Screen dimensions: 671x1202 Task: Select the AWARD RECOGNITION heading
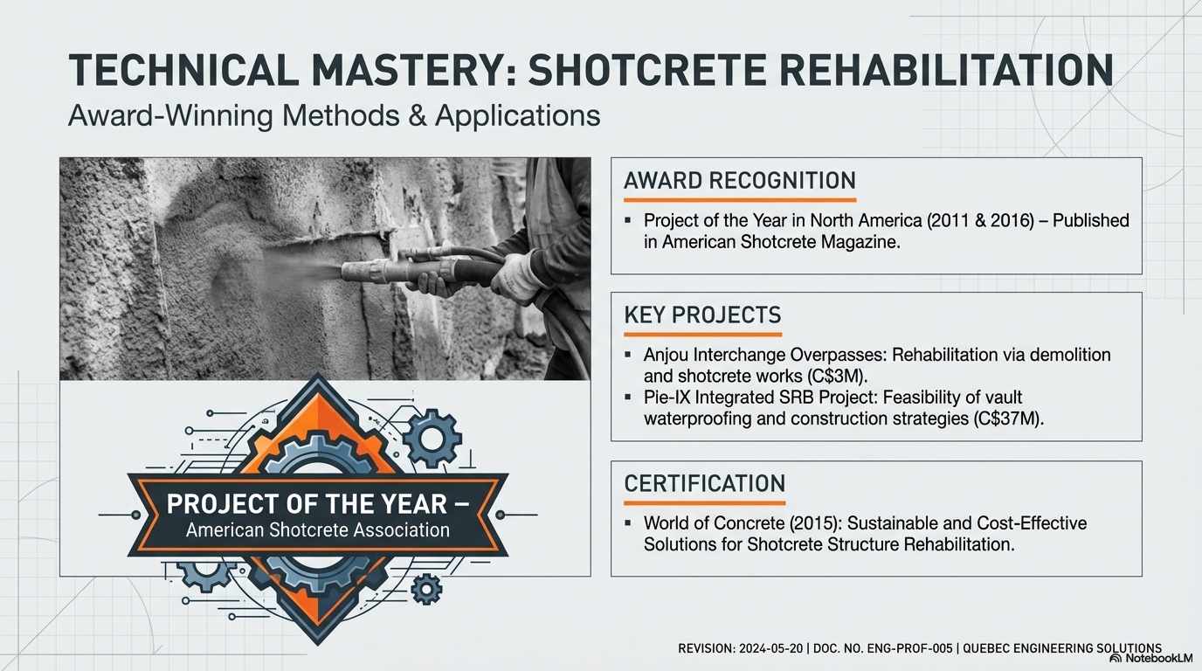pyautogui.click(x=739, y=181)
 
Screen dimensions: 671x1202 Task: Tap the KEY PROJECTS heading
pyautogui.click(x=702, y=315)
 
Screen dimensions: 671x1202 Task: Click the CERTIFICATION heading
pyautogui.click(x=704, y=483)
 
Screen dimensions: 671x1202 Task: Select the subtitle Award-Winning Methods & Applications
pyautogui.click(x=334, y=115)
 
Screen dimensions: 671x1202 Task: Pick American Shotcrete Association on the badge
pyautogui.click(x=318, y=529)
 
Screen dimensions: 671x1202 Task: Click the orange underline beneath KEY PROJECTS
pyautogui.click(x=702, y=334)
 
